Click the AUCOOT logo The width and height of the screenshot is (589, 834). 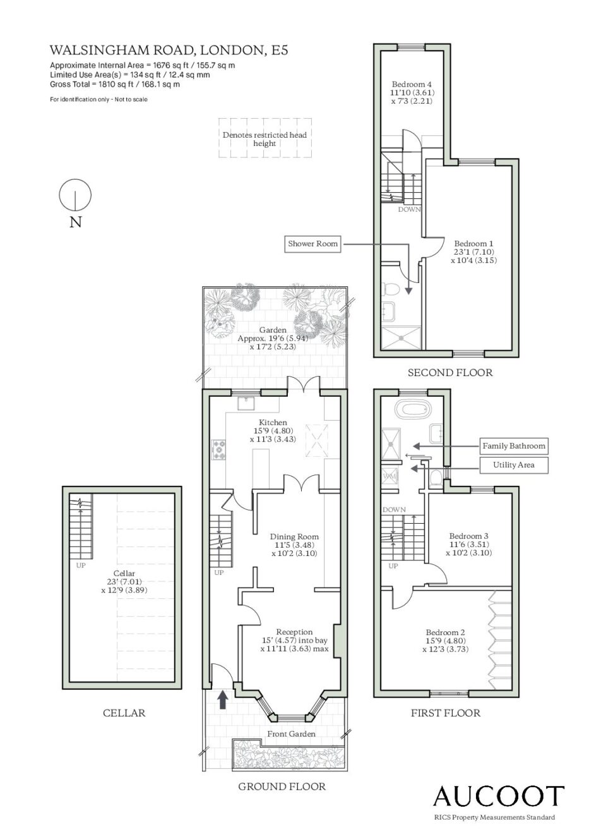pyautogui.click(x=499, y=795)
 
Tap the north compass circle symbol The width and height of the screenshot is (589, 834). pyautogui.click(x=75, y=195)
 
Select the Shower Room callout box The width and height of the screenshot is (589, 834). pyautogui.click(x=312, y=244)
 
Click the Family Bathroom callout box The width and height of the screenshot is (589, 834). pyautogui.click(x=514, y=445)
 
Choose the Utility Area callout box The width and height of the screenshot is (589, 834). pyautogui.click(x=514, y=465)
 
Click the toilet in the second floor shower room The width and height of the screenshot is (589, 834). pyautogui.click(x=391, y=288)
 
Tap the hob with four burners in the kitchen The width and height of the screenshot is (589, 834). pyautogui.click(x=219, y=449)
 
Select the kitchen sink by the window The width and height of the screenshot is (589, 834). pyautogui.click(x=246, y=403)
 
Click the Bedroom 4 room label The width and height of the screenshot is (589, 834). pyautogui.click(x=412, y=92)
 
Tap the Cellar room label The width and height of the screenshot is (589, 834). pyautogui.click(x=124, y=581)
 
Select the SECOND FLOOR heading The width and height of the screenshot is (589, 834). pyautogui.click(x=450, y=373)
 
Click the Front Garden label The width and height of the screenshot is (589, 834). pyautogui.click(x=291, y=734)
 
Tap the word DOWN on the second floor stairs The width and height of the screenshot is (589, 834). pyautogui.click(x=409, y=210)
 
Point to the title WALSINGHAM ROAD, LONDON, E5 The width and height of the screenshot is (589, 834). pyautogui.click(x=169, y=50)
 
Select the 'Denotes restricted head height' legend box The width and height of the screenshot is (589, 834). pyautogui.click(x=265, y=138)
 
